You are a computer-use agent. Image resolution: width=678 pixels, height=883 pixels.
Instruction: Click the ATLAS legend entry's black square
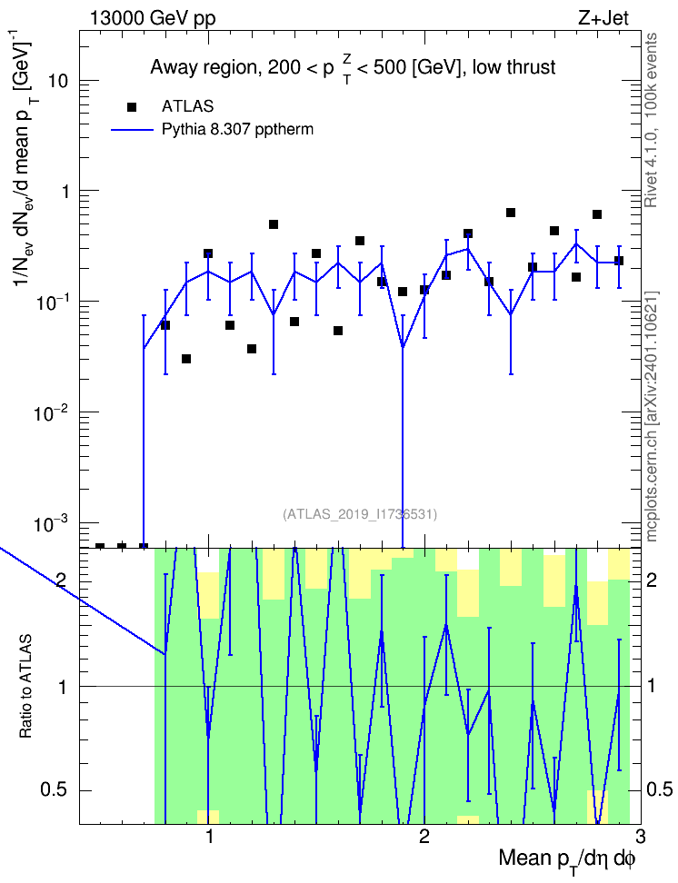132,106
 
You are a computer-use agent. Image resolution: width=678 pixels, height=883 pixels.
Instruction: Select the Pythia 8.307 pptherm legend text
237,130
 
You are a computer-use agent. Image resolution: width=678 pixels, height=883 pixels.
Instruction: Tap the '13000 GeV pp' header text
153,18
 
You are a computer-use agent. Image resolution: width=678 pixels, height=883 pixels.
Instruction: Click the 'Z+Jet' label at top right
603,18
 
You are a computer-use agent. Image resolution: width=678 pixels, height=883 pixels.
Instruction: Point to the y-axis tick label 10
57,81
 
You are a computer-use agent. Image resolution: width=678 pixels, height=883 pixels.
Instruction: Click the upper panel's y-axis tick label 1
64,192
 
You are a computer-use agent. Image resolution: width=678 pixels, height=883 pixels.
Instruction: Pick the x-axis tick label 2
424,837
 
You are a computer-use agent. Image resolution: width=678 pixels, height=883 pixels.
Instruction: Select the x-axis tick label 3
640,837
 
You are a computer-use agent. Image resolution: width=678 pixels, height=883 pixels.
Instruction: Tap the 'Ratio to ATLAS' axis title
26,687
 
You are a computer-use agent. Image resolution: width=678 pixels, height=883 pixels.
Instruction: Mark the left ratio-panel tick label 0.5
53,790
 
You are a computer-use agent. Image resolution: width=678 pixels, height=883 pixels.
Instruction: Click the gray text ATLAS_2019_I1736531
360,514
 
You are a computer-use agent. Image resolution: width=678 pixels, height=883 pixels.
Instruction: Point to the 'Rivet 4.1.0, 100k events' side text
651,120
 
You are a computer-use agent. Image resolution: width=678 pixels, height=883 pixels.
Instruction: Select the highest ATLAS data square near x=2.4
511,213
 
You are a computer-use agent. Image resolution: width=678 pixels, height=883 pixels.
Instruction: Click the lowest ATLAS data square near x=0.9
186,359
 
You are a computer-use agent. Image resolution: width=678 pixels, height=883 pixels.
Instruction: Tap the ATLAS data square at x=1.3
274,224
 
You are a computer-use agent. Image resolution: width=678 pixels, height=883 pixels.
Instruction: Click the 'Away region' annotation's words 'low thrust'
514,67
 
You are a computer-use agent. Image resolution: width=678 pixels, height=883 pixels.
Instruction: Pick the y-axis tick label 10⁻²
52,412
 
